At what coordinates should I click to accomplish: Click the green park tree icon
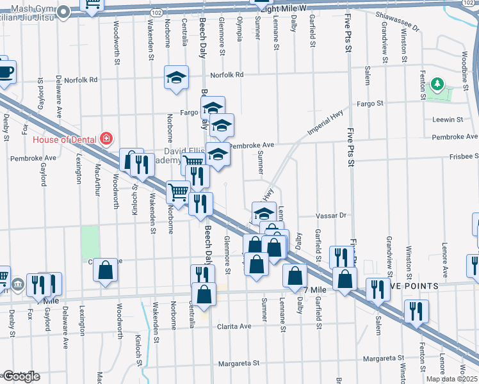coord(438,84)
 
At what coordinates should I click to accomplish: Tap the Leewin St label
coord(447,120)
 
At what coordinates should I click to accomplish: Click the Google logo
coord(21,376)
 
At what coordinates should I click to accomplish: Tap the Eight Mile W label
coord(288,8)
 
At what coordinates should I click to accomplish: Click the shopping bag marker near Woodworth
coord(106,271)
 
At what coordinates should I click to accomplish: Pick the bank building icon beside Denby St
coord(17,282)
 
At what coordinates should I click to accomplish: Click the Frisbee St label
coord(464,156)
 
